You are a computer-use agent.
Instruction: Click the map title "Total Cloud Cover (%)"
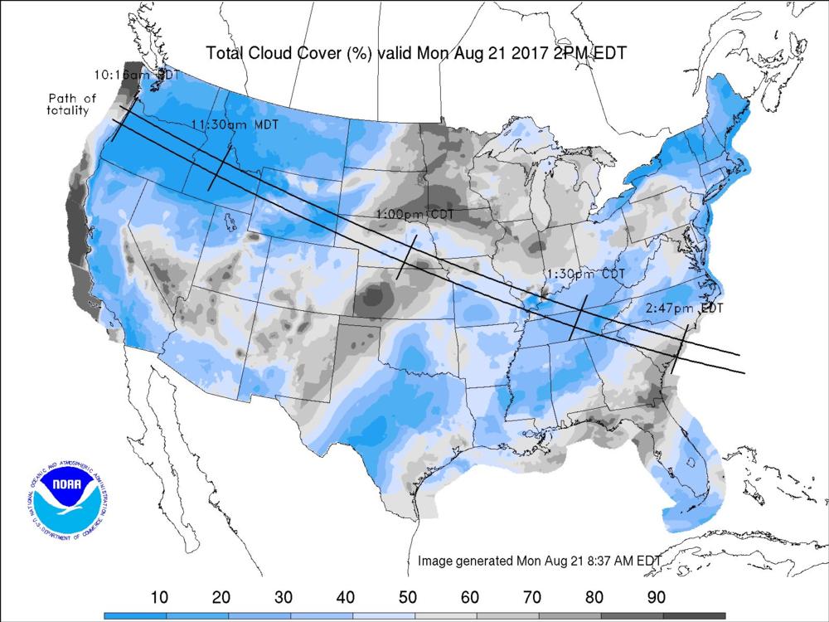click(x=289, y=53)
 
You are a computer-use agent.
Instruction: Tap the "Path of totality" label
click(x=71, y=104)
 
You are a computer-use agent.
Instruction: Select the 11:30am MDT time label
click(x=235, y=124)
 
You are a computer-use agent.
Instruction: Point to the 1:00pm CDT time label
click(x=414, y=214)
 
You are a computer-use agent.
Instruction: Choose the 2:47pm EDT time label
click(x=684, y=308)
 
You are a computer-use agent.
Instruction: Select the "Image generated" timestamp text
click(x=539, y=561)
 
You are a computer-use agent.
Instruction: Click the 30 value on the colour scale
click(x=282, y=597)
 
